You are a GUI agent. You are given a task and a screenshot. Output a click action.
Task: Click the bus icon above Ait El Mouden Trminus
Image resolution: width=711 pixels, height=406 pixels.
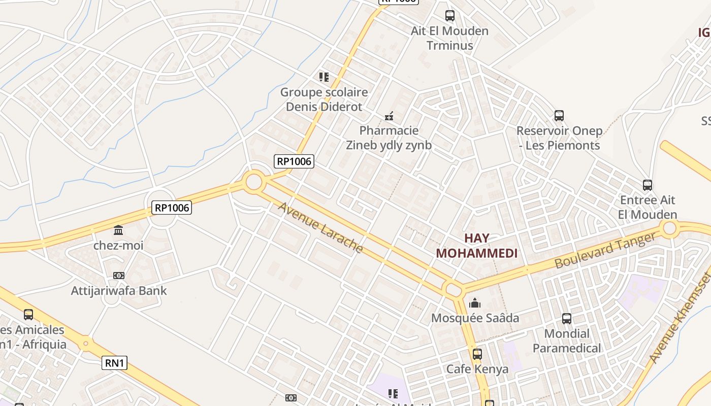(x=449, y=15)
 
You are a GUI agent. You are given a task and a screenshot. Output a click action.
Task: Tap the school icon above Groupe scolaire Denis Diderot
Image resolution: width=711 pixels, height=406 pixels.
(x=324, y=77)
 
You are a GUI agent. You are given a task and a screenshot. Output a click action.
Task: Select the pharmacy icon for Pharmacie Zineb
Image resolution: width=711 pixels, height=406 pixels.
(x=389, y=116)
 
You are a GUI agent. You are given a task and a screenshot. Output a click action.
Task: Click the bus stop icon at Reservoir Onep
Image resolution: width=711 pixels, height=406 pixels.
(x=559, y=116)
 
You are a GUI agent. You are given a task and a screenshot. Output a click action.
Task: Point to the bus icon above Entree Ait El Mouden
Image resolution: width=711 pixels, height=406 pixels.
(x=647, y=185)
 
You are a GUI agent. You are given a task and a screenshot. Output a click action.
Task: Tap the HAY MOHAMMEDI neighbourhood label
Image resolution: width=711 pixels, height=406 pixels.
(x=477, y=246)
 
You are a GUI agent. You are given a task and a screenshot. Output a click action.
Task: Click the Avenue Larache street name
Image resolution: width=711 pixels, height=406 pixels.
(x=320, y=228)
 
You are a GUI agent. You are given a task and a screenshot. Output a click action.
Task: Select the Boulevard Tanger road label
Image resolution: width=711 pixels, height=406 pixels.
(x=605, y=251)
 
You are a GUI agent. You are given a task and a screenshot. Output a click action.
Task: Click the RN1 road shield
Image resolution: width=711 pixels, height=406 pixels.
(x=114, y=363)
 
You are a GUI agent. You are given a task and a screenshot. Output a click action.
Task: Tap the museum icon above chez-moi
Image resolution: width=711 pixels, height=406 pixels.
(x=118, y=230)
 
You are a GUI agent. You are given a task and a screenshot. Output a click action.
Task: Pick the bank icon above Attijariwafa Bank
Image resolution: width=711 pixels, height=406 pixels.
(x=119, y=276)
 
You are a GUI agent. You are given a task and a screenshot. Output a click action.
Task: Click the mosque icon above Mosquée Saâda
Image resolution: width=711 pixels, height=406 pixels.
(x=475, y=303)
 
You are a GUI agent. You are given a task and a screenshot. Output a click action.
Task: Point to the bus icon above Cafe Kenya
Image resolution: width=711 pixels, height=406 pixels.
(x=477, y=354)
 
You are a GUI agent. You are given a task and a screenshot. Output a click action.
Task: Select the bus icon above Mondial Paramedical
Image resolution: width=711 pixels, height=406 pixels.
(x=567, y=319)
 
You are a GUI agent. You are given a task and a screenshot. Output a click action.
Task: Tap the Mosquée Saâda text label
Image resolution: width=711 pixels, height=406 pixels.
(x=475, y=318)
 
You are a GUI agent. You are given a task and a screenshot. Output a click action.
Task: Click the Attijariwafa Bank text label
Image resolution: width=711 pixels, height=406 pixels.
(x=119, y=291)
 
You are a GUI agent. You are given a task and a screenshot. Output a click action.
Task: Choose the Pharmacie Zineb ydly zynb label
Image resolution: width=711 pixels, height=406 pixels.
(x=389, y=138)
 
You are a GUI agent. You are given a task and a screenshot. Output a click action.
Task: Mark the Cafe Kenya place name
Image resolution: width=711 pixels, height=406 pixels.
(x=477, y=369)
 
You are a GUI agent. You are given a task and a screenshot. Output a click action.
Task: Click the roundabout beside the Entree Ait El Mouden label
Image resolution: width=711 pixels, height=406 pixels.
(x=670, y=228)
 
